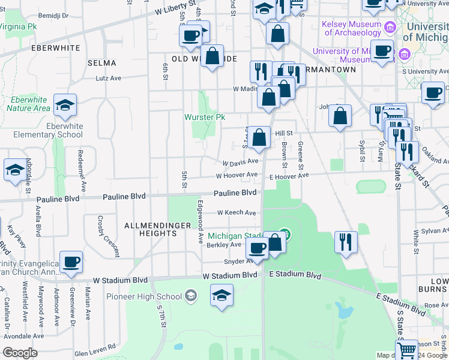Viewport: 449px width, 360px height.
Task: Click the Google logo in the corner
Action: coord(20,353)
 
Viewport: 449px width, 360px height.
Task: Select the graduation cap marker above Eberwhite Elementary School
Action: coord(65,107)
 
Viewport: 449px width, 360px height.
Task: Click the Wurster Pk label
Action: coord(205,118)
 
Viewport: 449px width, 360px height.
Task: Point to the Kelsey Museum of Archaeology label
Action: coord(352,28)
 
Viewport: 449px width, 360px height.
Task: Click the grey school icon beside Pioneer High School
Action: coord(191,295)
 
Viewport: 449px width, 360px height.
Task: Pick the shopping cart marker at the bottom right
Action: coord(406,350)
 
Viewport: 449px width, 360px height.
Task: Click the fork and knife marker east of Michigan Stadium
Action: coord(346,242)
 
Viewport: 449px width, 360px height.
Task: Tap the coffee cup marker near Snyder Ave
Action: coord(257,248)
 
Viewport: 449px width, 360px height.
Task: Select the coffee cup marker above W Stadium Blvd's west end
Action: coord(71,262)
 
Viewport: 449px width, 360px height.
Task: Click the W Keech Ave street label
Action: coord(237,212)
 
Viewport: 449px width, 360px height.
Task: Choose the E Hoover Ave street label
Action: coord(289,176)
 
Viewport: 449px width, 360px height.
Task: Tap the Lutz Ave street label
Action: coord(109,78)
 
